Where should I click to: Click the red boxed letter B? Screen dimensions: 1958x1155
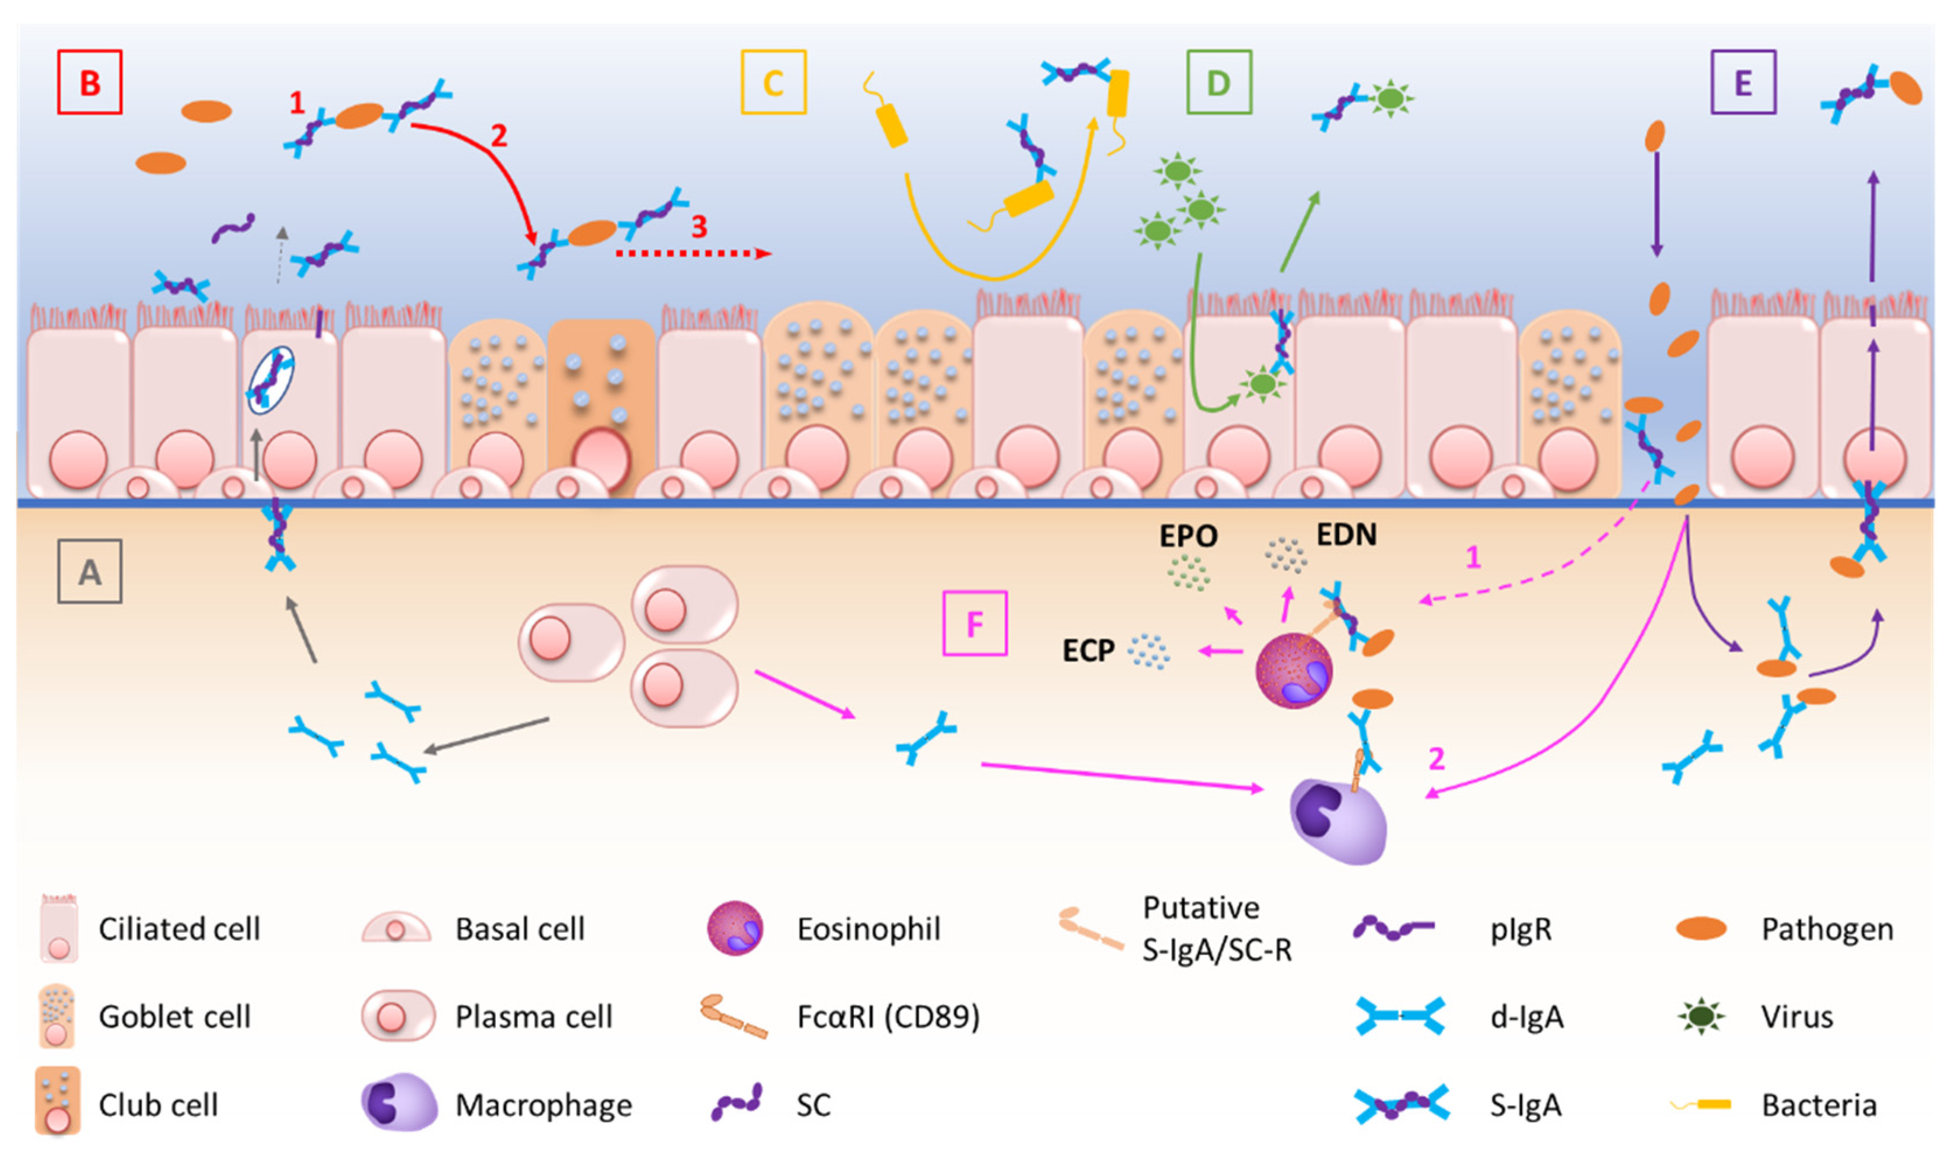[x=89, y=82]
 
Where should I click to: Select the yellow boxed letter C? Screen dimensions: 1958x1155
[x=773, y=82]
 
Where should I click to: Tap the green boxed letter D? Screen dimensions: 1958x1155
[x=1218, y=82]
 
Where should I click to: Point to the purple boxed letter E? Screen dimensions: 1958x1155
[x=1743, y=82]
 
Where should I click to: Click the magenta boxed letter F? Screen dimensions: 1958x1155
[x=974, y=624]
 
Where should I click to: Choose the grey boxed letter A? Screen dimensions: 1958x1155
[x=89, y=572]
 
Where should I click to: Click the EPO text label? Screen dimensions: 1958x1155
[x=1188, y=536]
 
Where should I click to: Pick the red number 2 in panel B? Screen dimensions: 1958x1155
[x=499, y=136]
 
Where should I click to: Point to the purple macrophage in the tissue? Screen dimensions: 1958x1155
[x=1338, y=821]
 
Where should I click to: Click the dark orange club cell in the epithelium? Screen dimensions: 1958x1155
[x=601, y=408]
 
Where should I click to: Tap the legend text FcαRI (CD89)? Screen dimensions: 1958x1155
[x=888, y=1017]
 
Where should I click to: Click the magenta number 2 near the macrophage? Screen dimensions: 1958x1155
[x=1437, y=759]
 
